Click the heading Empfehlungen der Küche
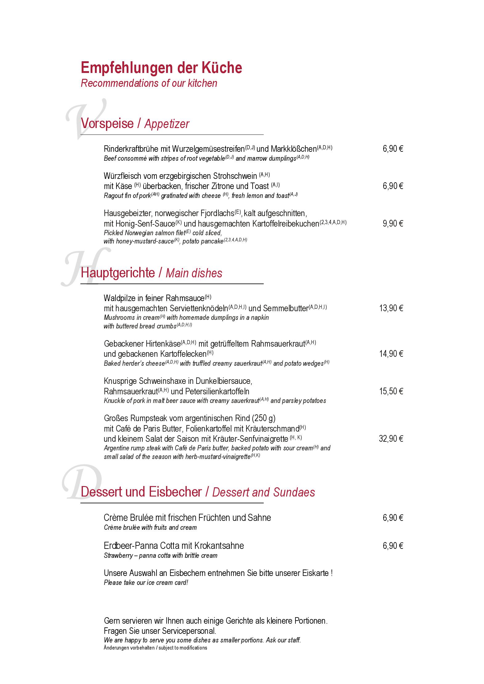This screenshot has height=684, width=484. click(161, 68)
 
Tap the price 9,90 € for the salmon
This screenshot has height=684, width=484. click(393, 223)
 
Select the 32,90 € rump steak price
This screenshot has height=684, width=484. click(391, 438)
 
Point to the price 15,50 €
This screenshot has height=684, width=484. click(391, 391)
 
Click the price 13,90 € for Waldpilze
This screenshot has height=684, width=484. click(391, 308)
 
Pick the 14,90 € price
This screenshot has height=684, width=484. click(391, 354)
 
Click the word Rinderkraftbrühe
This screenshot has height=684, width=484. click(131, 149)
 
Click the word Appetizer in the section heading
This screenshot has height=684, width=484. click(167, 124)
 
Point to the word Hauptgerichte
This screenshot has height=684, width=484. click(118, 273)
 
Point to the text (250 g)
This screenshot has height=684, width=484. click(263, 418)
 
